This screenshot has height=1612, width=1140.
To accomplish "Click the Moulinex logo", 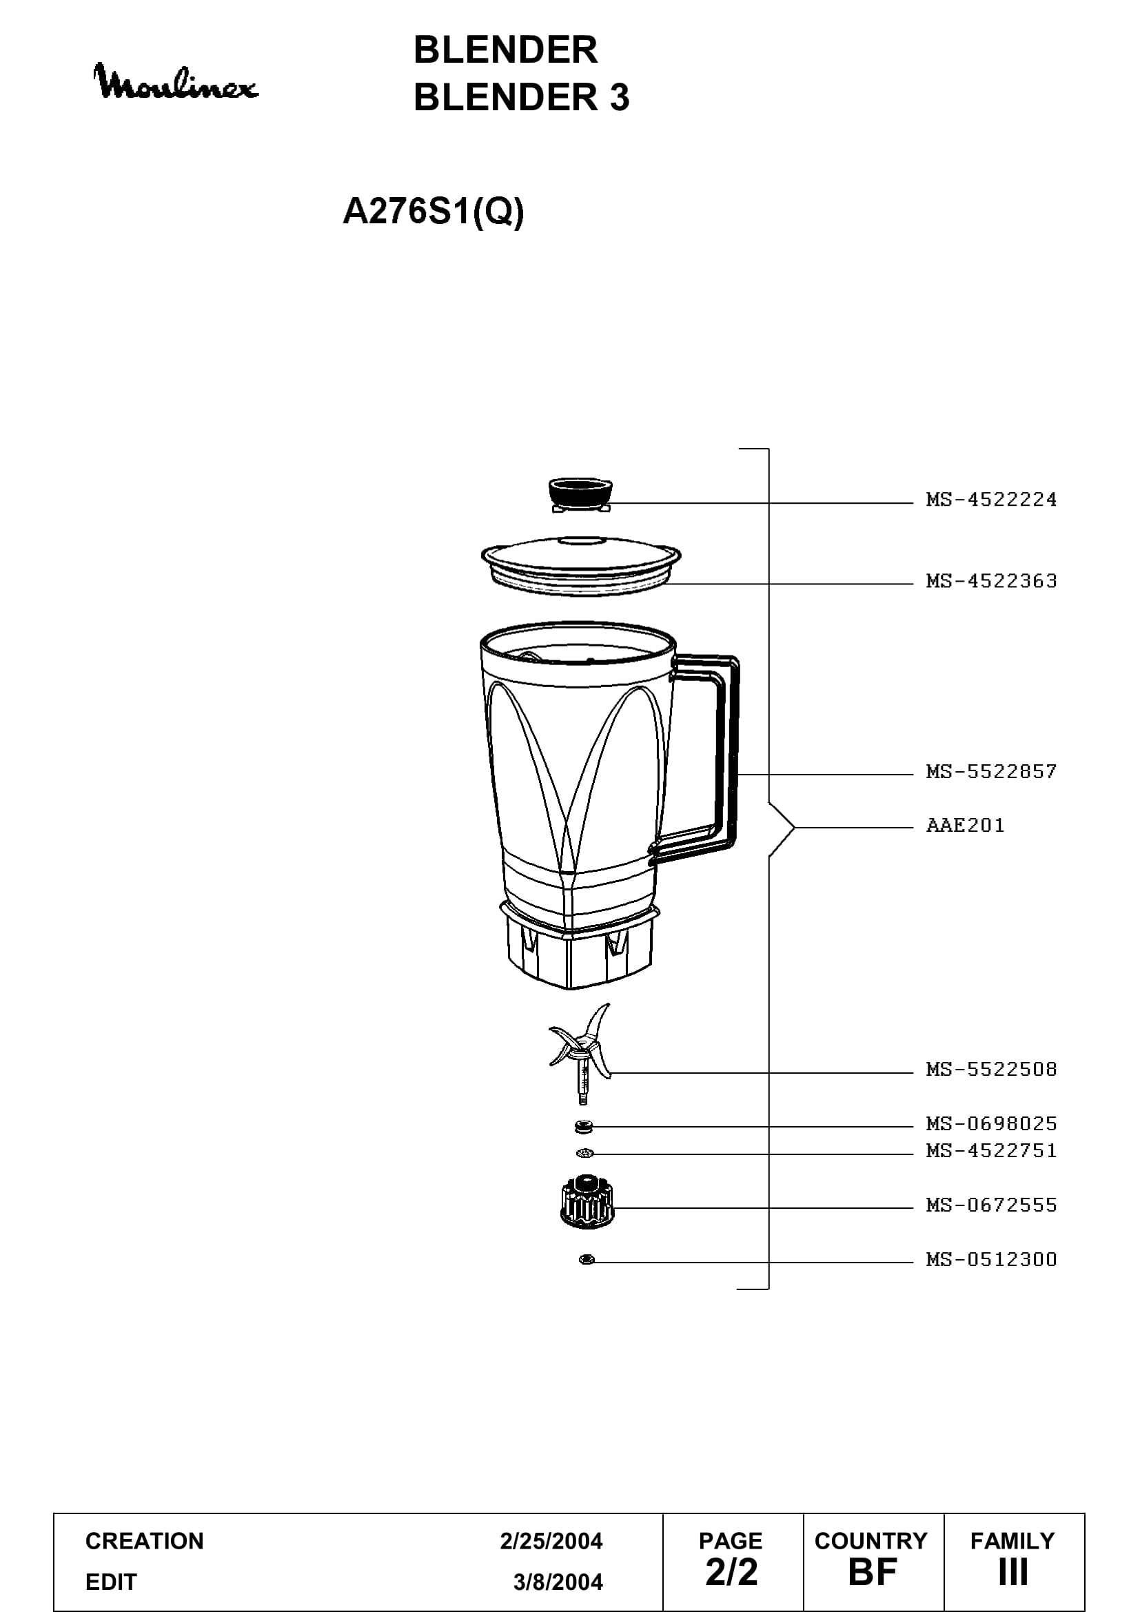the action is click(x=176, y=81).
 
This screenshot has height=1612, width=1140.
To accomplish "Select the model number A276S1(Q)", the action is click(x=433, y=212).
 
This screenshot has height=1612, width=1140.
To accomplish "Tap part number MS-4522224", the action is click(x=991, y=499).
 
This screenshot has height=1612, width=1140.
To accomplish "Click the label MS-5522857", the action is click(x=991, y=771).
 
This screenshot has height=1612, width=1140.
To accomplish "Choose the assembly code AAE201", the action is click(x=965, y=825).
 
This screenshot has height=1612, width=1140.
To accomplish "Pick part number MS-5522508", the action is click(x=991, y=1070).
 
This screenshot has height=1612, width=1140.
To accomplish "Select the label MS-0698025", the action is click(x=991, y=1123).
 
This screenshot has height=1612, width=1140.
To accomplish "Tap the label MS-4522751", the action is click(x=991, y=1150).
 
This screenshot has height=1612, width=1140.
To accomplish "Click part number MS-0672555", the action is click(x=991, y=1205).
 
